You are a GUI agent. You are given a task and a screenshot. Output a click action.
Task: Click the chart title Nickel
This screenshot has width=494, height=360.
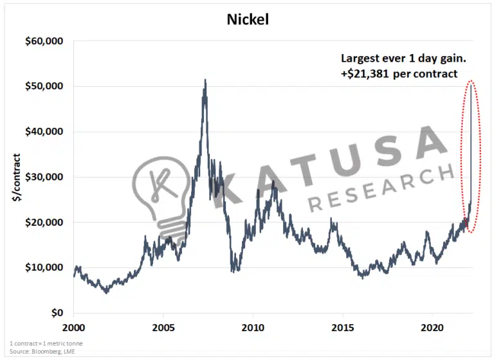click(248, 19)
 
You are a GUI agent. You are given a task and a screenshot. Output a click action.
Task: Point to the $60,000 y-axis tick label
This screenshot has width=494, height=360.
click(44, 41)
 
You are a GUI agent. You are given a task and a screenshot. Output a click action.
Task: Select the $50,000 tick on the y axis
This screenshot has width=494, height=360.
click(44, 86)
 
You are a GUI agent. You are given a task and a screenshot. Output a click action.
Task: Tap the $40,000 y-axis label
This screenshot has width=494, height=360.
click(44, 132)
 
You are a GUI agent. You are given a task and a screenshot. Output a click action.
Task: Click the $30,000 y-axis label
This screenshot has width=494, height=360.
click(44, 177)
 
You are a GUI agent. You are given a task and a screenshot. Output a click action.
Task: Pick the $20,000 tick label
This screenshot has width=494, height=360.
click(44, 222)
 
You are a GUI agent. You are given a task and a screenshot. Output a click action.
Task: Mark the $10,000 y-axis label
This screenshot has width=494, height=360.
click(44, 267)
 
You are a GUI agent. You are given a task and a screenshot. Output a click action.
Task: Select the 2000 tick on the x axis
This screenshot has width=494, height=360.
click(74, 327)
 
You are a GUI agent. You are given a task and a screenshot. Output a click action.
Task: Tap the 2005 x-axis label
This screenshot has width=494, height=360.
click(163, 327)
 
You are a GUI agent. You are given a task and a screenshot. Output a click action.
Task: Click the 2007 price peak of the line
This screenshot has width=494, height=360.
click(205, 80)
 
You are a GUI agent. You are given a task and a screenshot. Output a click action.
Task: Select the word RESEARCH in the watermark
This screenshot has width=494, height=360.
click(380, 186)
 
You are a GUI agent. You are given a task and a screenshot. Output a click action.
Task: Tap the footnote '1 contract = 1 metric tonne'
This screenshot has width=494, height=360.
click(46, 343)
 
